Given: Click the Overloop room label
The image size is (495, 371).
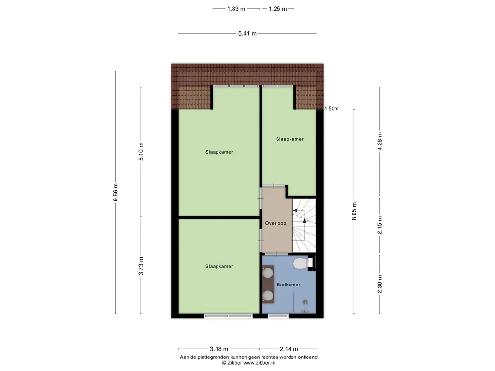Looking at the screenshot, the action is (276, 223).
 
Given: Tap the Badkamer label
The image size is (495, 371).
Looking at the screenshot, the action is (289, 285).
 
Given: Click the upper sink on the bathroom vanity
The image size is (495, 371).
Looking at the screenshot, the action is (268, 272).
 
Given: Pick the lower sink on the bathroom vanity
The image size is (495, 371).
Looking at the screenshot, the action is (268, 295).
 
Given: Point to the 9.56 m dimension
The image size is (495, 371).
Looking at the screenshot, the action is (116, 192).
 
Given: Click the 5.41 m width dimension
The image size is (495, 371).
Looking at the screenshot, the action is (247, 33).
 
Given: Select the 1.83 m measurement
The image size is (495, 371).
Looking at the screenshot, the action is (236, 9).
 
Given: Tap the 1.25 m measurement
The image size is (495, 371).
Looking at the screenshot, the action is (278, 9).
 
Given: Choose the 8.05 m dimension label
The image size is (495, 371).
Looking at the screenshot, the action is (354, 212).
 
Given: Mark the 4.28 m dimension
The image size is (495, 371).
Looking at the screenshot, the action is (380, 142).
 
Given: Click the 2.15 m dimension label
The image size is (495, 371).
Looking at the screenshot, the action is (380, 225).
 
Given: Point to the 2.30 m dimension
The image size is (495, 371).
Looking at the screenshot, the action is (380, 284).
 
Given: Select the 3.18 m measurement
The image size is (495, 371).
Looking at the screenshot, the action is (219, 349).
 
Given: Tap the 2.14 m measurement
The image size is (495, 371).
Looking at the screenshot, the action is (289, 349).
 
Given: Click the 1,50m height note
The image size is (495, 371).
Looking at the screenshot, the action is (332, 109).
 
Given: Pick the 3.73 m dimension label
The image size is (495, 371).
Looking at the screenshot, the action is (141, 266).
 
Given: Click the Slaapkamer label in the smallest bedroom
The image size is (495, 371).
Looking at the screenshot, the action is (290, 139).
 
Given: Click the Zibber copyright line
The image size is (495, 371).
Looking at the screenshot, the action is (249, 363).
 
